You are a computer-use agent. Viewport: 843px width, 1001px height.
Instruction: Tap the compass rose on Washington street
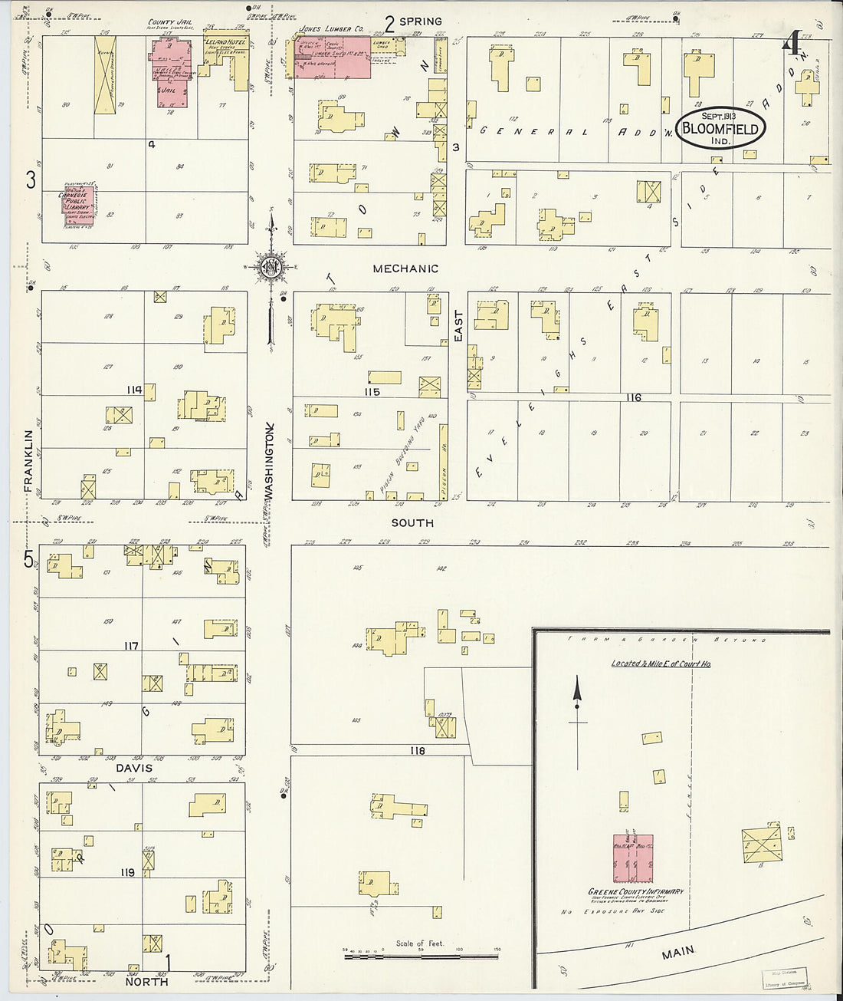(271, 267)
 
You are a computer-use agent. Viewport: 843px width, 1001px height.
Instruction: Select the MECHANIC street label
(405, 268)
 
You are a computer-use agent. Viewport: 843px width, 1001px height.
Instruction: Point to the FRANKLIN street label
(29, 460)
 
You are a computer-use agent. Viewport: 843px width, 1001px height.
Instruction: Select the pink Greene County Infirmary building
(632, 858)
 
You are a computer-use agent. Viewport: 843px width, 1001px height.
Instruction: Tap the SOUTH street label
(412, 522)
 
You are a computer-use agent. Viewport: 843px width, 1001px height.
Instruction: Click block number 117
(132, 646)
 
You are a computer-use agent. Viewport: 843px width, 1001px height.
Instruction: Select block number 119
(127, 872)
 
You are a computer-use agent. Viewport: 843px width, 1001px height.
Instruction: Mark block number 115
(372, 391)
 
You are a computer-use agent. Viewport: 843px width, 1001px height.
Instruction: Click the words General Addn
(575, 131)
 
